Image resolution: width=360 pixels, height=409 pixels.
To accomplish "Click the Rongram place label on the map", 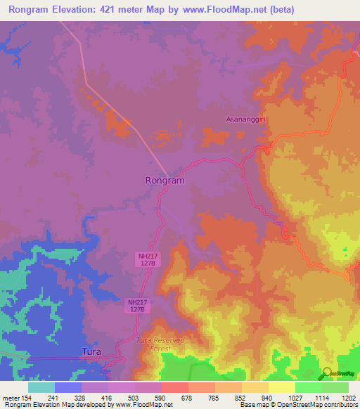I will click(x=165, y=181).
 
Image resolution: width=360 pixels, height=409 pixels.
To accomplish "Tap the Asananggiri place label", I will click(x=247, y=119).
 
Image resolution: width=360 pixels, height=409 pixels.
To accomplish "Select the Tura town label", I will click(x=91, y=351).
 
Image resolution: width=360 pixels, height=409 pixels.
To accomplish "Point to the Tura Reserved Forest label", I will click(x=159, y=344).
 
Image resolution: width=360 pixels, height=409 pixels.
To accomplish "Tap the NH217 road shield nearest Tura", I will click(x=137, y=306).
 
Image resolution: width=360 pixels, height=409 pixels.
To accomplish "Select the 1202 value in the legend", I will click(x=348, y=398).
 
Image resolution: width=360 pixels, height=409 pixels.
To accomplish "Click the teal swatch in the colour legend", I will click(x=41, y=387).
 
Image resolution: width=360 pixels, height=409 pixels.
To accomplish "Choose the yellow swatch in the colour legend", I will click(x=281, y=387).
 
